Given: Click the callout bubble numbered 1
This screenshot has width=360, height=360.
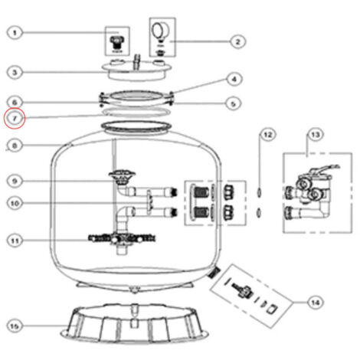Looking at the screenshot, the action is pyautogui.click(x=15, y=33).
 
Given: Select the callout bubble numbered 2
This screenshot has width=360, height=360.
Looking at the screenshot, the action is pyautogui.click(x=237, y=41).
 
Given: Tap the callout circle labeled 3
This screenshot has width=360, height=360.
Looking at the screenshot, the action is pyautogui.click(x=15, y=73).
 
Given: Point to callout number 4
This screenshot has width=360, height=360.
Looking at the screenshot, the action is pyautogui.click(x=234, y=80).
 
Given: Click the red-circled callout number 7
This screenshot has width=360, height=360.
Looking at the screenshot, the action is pyautogui.click(x=15, y=119).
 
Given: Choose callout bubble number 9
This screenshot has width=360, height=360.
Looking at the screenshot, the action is pyautogui.click(x=15, y=181).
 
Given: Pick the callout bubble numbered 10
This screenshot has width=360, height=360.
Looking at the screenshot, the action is pyautogui.click(x=15, y=204).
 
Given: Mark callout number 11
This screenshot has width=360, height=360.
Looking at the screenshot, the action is pyautogui.click(x=15, y=241).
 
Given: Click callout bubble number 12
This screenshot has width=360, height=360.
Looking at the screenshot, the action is pyautogui.click(x=268, y=135).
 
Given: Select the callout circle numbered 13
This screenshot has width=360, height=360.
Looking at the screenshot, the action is pyautogui.click(x=316, y=135).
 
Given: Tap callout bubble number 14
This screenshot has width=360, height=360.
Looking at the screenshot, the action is pyautogui.click(x=316, y=303).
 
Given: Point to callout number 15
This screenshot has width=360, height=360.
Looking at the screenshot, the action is pyautogui.click(x=15, y=326).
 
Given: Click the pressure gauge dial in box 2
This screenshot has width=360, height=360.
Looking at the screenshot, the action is pyautogui.click(x=160, y=30).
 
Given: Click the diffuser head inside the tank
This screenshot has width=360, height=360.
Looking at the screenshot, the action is pyautogui.click(x=122, y=178).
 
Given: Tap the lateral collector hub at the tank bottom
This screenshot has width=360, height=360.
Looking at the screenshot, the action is pyautogui.click(x=122, y=239).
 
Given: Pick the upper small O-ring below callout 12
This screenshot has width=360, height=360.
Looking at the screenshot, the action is pyautogui.click(x=259, y=192).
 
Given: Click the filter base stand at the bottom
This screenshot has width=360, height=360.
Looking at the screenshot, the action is pyautogui.click(x=135, y=323).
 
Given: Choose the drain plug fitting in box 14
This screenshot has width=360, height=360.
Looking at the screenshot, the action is pyautogui.click(x=242, y=290).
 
